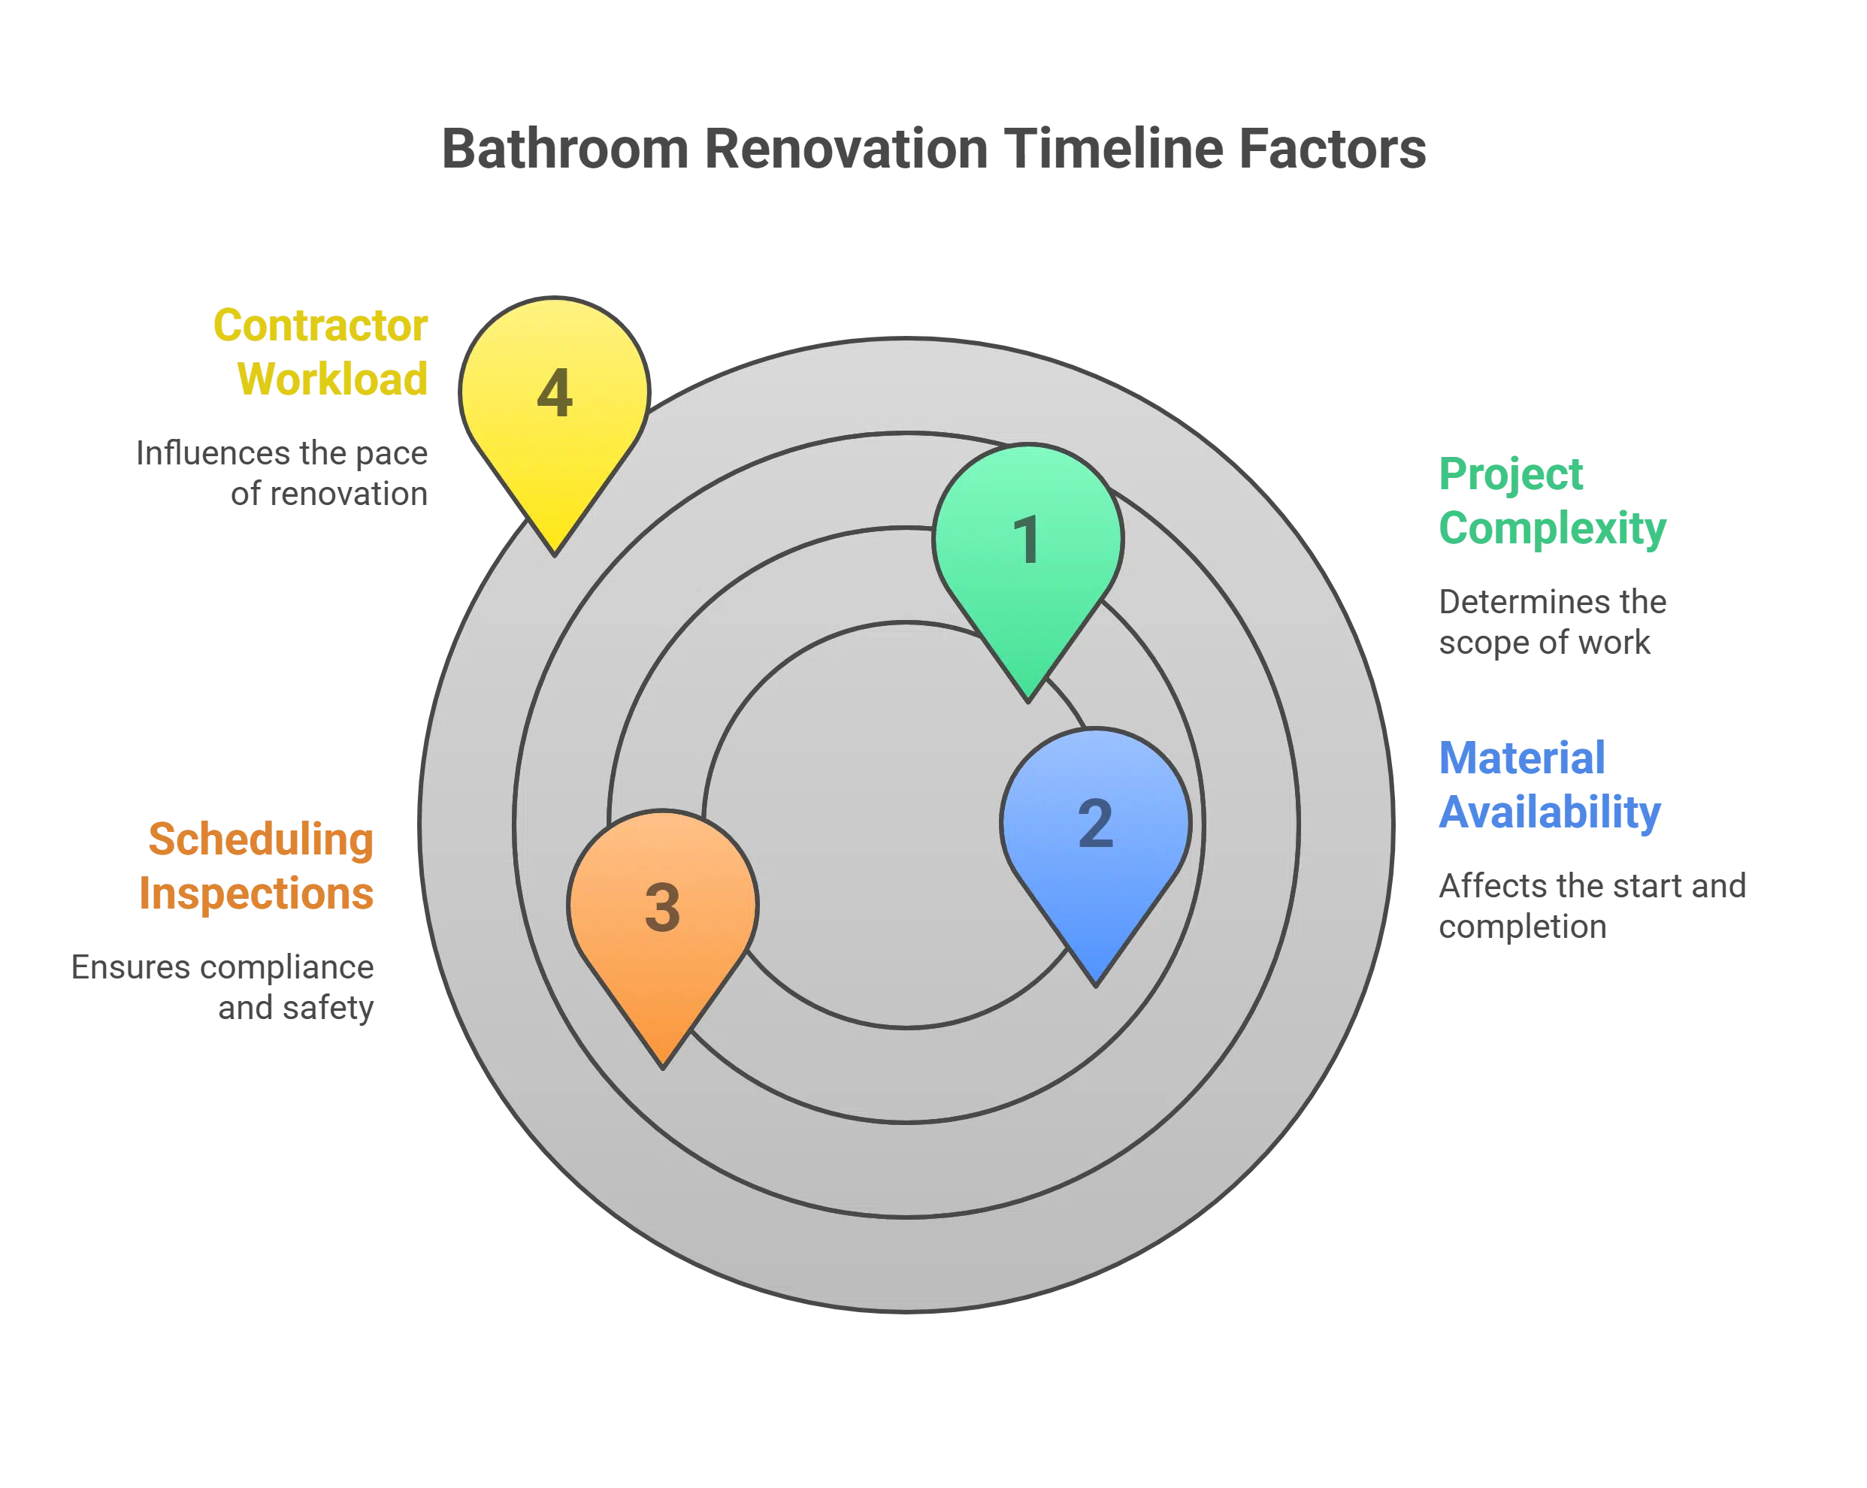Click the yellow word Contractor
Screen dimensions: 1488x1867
pos(319,326)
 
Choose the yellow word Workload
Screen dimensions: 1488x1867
pos(334,380)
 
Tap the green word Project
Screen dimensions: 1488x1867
pos(1511,474)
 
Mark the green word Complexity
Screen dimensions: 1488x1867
pos(1553,528)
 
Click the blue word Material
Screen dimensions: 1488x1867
pos(1521,758)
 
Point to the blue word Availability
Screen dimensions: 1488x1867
pos(1550,812)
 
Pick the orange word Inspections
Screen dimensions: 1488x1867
pos(257,894)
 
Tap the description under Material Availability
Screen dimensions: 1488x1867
pos(1593,908)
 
